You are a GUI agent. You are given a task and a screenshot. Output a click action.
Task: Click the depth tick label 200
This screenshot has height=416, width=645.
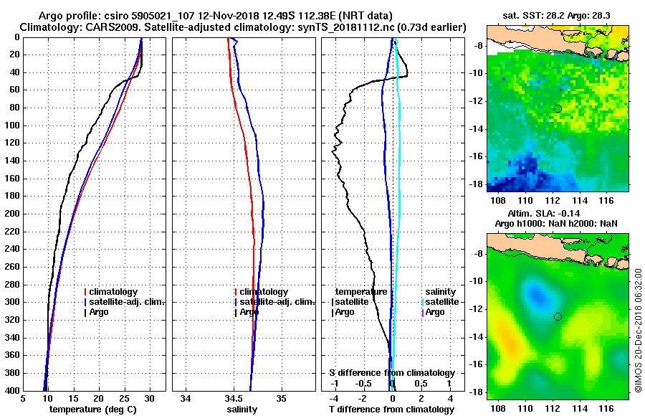pyautogui.click(x=11, y=214)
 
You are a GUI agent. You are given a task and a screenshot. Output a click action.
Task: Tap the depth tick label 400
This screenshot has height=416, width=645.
pyautogui.click(x=11, y=391)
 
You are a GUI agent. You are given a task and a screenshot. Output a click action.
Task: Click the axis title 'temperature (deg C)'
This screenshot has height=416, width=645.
pyautogui.click(x=94, y=410)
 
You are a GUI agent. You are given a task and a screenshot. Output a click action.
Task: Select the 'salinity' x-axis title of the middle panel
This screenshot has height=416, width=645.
pyautogui.click(x=243, y=410)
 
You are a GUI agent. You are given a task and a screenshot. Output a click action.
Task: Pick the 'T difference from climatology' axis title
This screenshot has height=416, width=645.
pyautogui.click(x=391, y=410)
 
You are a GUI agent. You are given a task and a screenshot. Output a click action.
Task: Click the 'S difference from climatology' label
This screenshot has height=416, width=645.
pyautogui.click(x=391, y=373)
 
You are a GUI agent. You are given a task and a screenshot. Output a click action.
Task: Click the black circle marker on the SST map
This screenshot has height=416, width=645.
pyautogui.click(x=558, y=108)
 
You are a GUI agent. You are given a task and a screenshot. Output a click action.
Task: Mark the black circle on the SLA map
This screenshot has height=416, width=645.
pyautogui.click(x=558, y=316)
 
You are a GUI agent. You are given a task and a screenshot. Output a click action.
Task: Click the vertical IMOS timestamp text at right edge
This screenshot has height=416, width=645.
pyautogui.click(x=637, y=330)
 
